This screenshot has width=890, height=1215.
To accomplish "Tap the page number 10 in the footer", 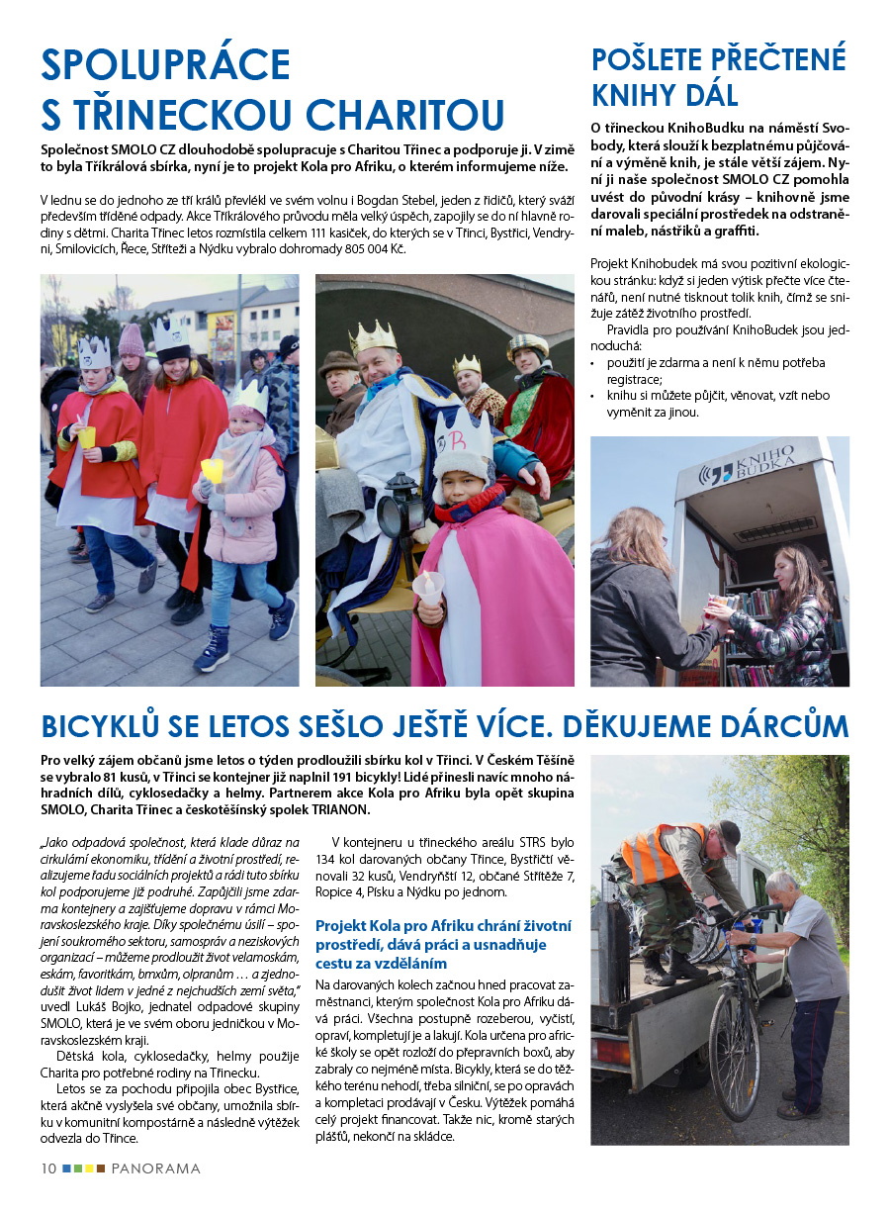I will tap(48, 1168).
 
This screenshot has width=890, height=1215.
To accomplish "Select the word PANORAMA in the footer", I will tap(155, 1168).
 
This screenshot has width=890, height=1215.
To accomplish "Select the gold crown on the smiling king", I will tap(373, 337).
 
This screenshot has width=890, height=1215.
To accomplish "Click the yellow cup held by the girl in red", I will tap(88, 435).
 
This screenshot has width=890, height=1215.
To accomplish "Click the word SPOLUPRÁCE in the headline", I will tap(166, 65).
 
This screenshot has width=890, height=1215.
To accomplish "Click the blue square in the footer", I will tap(66, 1168).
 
